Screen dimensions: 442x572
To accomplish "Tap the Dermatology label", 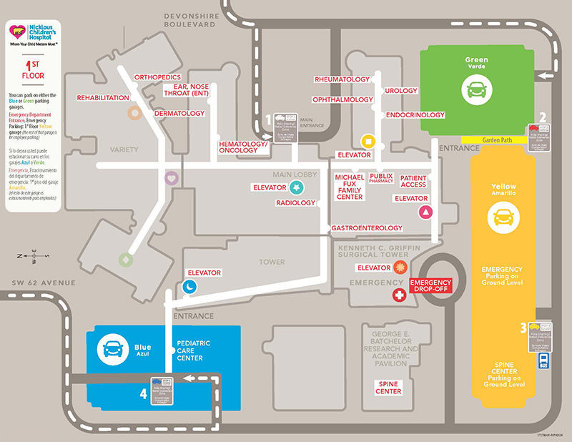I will [179, 113].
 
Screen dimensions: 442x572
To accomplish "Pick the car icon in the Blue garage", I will [112, 350].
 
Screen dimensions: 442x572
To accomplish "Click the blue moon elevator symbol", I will [189, 286].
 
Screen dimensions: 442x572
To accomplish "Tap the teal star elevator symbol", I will [297, 187].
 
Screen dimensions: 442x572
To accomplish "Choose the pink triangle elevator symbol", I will [426, 212].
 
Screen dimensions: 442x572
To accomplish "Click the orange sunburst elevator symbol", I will [400, 267].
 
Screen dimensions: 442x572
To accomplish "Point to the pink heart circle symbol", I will [171, 178].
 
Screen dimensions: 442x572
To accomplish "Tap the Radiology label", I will [296, 203].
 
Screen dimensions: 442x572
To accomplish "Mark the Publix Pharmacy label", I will [382, 178].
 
